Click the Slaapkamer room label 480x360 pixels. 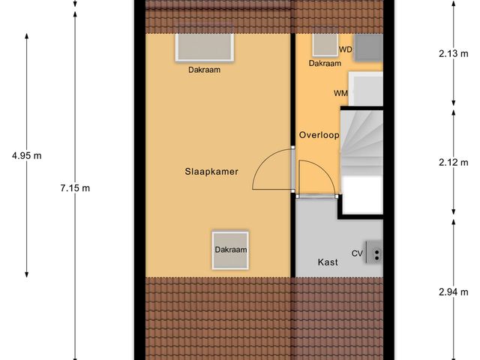(211, 172)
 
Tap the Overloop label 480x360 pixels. (319, 136)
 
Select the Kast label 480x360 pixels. (327, 262)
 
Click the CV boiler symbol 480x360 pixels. (373, 253)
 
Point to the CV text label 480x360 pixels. (356, 253)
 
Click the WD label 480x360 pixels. (345, 49)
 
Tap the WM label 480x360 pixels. (340, 93)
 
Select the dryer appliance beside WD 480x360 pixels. (368, 48)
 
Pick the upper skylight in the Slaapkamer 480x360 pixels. (205, 47)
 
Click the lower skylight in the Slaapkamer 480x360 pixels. (230, 250)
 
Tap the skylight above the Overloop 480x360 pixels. (325, 45)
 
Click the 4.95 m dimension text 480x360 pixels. (26, 156)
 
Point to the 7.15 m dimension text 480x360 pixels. (75, 188)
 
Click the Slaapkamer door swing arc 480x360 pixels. (271, 171)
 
